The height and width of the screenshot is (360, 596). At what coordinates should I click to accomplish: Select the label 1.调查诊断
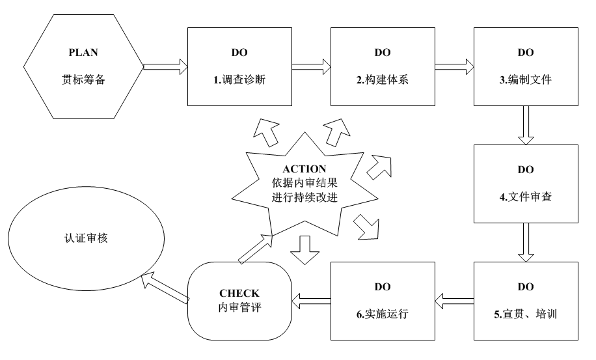(x=239, y=81)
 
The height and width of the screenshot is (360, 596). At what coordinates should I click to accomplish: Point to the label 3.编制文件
(x=525, y=81)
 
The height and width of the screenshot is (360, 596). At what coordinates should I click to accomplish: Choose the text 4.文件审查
(x=525, y=197)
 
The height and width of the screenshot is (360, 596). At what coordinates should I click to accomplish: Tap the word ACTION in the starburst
(x=304, y=169)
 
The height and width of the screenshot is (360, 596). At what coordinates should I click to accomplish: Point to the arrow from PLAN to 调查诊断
(x=165, y=66)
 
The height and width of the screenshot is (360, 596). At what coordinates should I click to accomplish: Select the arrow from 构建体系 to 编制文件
(x=454, y=66)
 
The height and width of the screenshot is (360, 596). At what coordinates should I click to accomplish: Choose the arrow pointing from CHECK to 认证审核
(x=165, y=286)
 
